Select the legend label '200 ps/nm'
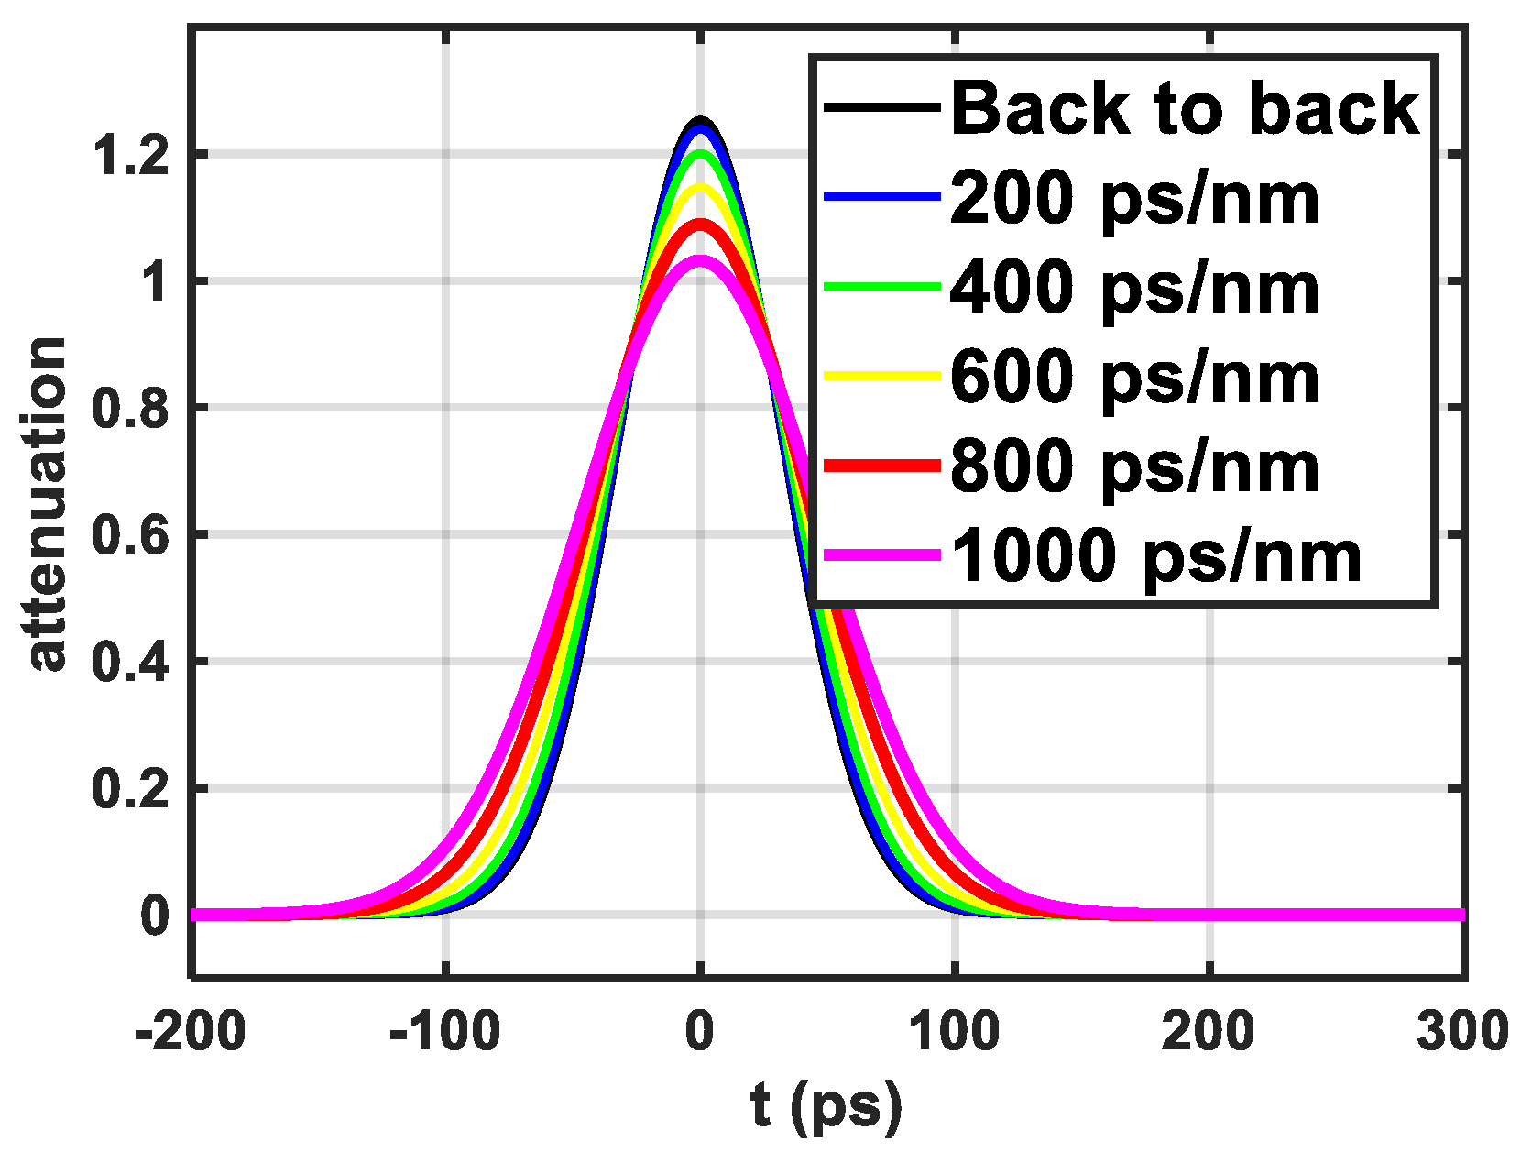1134,198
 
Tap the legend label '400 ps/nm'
1134,288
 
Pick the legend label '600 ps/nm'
1134,377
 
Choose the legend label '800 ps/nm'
1134,466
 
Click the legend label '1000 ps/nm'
1156,555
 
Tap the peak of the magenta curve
701,261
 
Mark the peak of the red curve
701,224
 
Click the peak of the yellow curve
701,188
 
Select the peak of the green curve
701,154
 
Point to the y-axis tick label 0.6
132,535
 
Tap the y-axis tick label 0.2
132,789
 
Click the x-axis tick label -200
190,1032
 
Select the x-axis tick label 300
1462,1032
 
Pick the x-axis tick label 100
954,1032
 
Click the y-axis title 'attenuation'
48,504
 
